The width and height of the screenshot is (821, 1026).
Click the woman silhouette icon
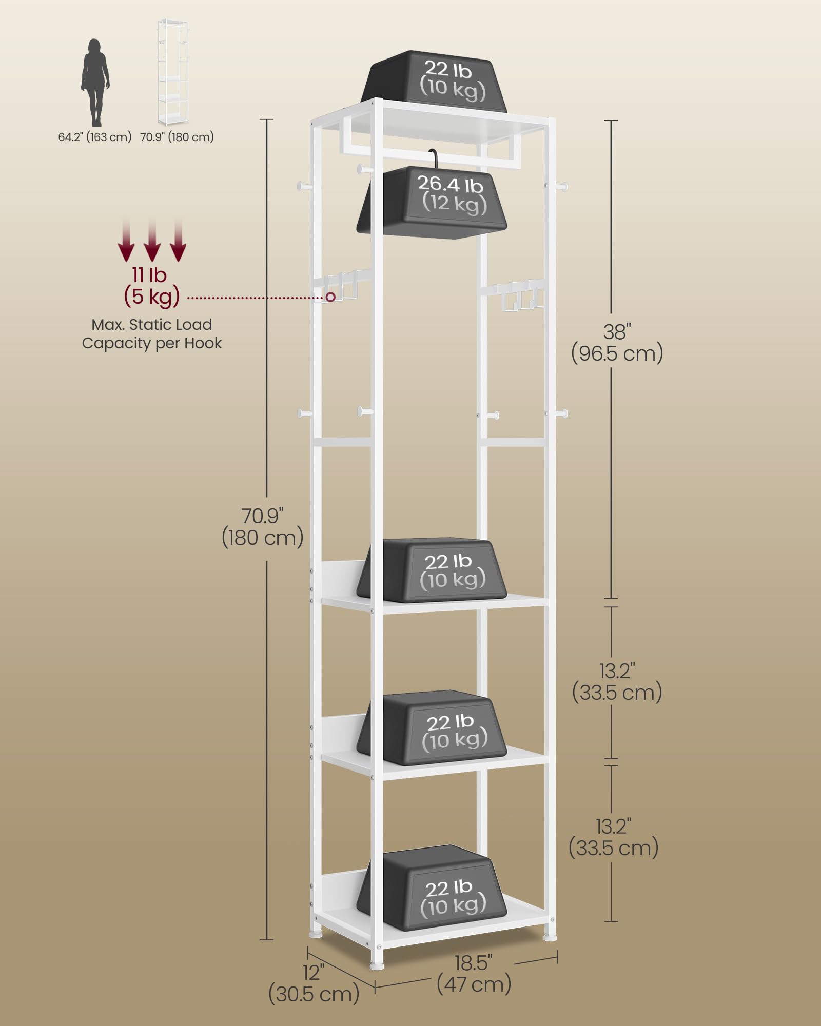click(x=95, y=83)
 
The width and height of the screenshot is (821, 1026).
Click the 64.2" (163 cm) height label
click(x=95, y=137)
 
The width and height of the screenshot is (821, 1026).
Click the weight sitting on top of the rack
click(x=434, y=81)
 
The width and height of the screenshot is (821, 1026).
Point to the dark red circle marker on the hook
click(x=330, y=297)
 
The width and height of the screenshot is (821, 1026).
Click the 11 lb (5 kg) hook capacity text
click(x=151, y=286)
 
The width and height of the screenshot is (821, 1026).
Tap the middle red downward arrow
click(x=152, y=239)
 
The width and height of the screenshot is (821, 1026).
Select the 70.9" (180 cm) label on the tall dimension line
click(x=263, y=527)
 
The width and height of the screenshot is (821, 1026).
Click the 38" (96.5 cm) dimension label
click(x=617, y=343)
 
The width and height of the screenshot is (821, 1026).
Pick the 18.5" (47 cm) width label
click(x=474, y=974)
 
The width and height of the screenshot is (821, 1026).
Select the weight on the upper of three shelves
click(x=433, y=570)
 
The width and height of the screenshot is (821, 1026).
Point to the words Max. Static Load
click(x=151, y=324)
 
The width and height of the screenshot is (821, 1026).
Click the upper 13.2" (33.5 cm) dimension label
click(x=617, y=682)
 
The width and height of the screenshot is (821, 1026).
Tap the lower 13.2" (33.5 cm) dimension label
click(x=614, y=838)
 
